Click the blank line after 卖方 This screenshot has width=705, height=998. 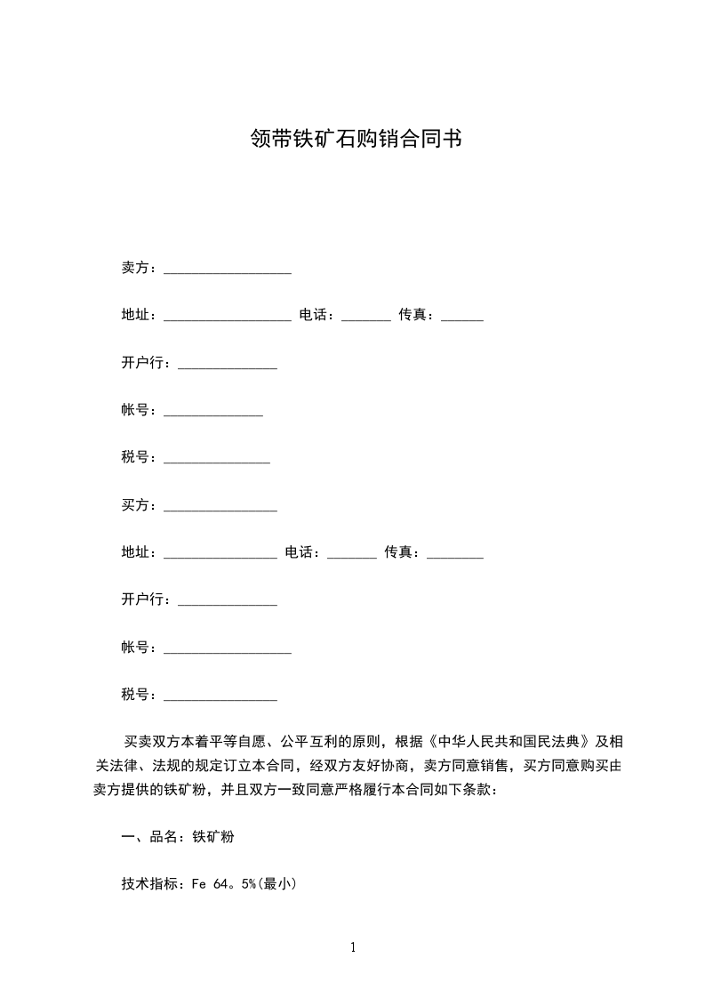[x=228, y=270]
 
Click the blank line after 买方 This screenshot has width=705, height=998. [x=220, y=508]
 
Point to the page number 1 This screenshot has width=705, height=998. [x=353, y=947]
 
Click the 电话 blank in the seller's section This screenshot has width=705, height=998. [x=365, y=318]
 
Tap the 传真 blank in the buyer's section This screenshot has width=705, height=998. [x=455, y=555]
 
